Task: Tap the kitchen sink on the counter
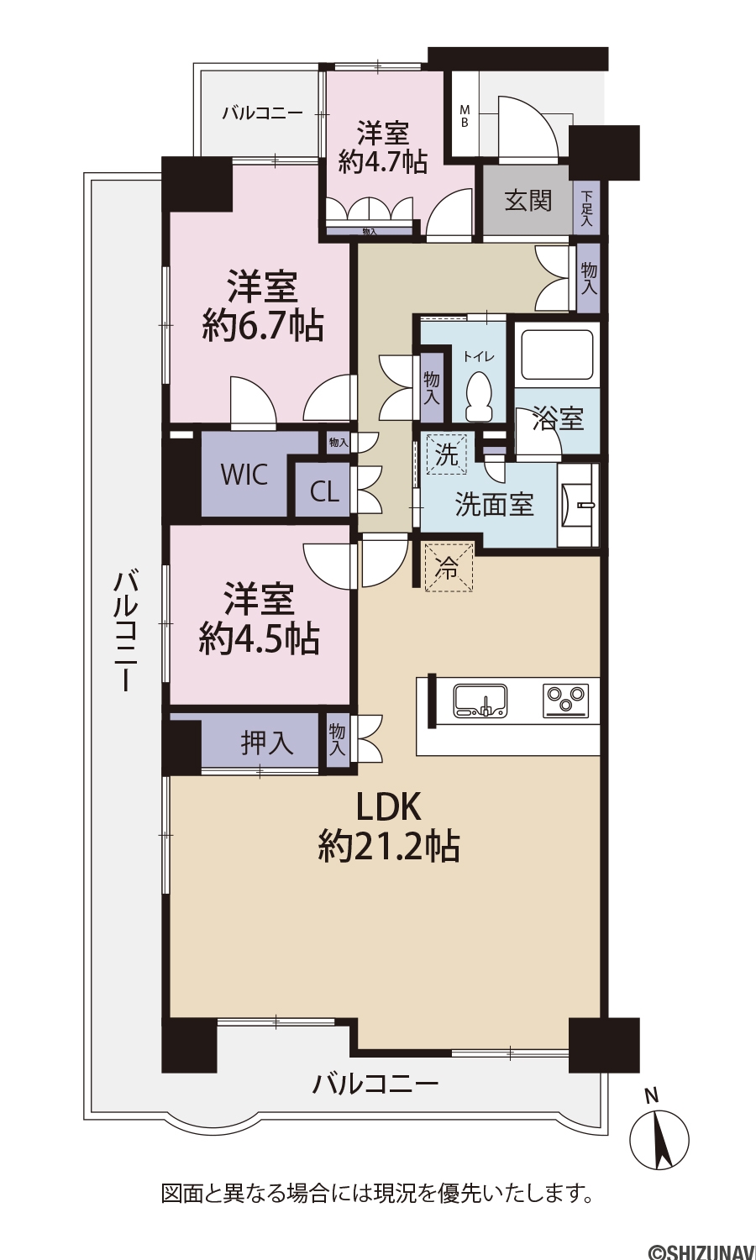pos(480,701)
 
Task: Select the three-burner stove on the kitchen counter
pos(565,701)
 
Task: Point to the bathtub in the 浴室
pos(558,355)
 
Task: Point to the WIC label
pos(244,475)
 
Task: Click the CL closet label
pos(325,493)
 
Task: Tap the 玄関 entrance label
pos(528,201)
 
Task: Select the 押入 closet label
pos(267,743)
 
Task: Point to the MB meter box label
pos(465,115)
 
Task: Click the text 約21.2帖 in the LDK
pos(389,846)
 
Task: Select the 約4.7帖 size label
pos(382,162)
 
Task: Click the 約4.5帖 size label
pos(260,639)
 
